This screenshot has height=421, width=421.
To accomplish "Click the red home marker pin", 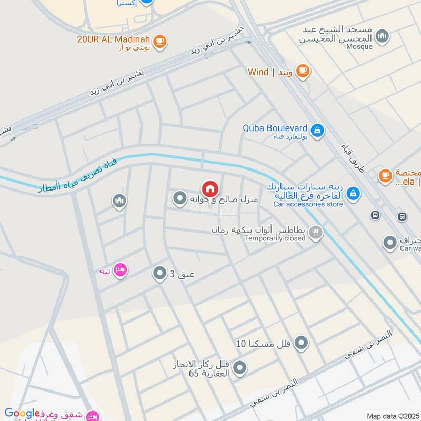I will pyautogui.click(x=209, y=188).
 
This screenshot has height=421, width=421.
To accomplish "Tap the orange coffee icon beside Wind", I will pyautogui.click(x=302, y=71).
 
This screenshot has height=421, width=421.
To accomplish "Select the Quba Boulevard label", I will pyautogui.click(x=275, y=127).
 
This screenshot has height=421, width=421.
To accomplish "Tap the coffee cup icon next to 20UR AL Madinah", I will pyautogui.click(x=161, y=40).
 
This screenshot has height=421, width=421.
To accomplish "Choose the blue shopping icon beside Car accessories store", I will pyautogui.click(x=354, y=194).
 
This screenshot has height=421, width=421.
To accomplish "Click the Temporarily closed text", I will pyautogui.click(x=275, y=238).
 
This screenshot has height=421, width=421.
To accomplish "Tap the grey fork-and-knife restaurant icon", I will pyautogui.click(x=316, y=232).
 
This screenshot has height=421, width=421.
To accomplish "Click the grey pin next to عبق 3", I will pyautogui.click(x=159, y=273).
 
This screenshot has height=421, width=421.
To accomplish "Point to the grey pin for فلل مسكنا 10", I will pyautogui.click(x=302, y=344).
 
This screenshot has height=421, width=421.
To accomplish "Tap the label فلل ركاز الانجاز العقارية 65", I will pyautogui.click(x=204, y=369).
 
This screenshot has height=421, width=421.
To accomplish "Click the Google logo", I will pyautogui.click(x=22, y=414).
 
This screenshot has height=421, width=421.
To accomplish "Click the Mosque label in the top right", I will pyautogui.click(x=359, y=46).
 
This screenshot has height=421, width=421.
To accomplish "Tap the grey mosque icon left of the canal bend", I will pyautogui.click(x=119, y=201).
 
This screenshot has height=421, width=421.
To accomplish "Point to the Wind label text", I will pyautogui.click(x=258, y=72).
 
